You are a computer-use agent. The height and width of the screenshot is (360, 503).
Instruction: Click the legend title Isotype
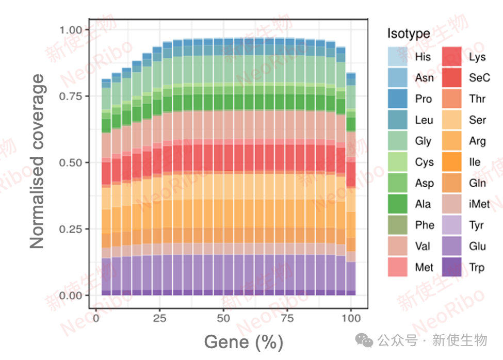point(409,34)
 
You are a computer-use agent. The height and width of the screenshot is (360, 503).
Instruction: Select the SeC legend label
point(479,78)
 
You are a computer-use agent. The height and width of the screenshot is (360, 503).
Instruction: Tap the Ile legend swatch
point(452,162)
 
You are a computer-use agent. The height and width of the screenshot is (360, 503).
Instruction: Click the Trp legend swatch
point(452,267)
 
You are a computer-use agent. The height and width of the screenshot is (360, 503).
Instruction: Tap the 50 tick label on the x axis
point(223,319)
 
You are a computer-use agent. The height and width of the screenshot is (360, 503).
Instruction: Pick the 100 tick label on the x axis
point(351,319)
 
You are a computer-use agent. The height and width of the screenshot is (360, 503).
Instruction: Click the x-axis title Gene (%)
point(244,342)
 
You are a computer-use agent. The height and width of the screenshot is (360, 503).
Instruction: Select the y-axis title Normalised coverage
point(37,162)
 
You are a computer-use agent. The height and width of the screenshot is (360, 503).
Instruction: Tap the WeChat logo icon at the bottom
point(367,341)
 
